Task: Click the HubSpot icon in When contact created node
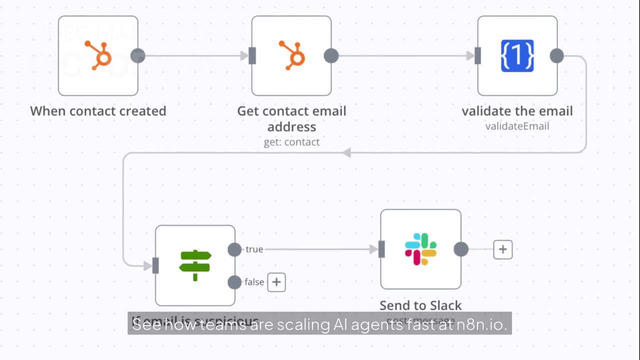98,55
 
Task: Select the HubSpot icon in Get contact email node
291,55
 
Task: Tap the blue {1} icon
517,55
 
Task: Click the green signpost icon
195,265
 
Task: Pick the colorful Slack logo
420,249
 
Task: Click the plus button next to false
276,282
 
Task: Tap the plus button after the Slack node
502,249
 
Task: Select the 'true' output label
254,249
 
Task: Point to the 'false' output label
254,282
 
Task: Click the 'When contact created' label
98,111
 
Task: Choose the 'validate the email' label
517,111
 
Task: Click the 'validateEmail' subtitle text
517,126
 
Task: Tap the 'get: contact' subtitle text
291,142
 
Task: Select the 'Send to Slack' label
420,305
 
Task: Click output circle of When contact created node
138,55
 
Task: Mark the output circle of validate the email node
557,55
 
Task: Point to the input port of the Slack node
381,249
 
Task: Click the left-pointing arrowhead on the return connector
346,152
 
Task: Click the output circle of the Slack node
461,249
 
